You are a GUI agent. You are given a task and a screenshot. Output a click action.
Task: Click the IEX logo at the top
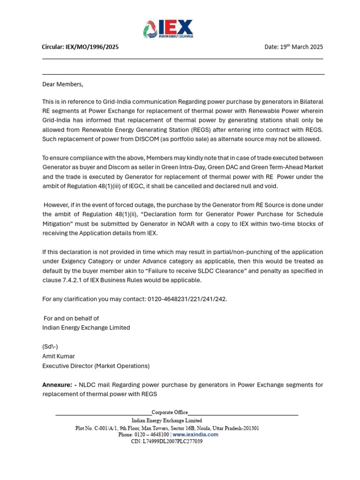click(168, 29)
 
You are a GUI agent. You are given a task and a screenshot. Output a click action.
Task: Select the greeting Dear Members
click(63, 84)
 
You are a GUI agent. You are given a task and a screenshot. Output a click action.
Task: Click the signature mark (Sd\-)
click(50, 346)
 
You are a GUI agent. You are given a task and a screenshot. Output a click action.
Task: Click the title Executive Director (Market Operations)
click(96, 366)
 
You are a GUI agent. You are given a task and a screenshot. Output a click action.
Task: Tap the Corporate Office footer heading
click(169, 412)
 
